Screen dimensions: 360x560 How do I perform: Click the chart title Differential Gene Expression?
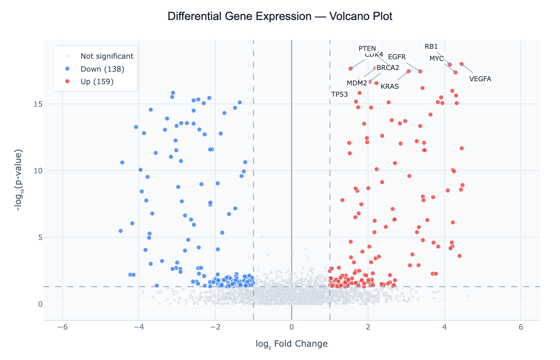280,17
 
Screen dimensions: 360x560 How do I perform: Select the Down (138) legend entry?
102,69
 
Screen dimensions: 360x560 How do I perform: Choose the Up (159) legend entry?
97,82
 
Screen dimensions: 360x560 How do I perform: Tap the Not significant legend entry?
107,56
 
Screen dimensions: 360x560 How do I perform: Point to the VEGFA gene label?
480,79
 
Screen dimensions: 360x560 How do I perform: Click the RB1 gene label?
431,46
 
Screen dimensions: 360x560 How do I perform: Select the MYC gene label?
436,59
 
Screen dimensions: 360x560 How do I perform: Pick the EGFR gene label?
397,57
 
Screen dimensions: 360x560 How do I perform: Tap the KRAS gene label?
390,87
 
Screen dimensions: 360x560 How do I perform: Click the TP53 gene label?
340,95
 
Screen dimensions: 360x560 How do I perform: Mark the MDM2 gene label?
357,83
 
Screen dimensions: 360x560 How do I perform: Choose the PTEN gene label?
367,48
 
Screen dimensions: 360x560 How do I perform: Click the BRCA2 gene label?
388,67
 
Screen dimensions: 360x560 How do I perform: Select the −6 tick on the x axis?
62,327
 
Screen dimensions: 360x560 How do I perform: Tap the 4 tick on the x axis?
444,327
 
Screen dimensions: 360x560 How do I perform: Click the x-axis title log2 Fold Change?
292,344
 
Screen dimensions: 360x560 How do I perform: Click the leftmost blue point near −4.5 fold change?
120,231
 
